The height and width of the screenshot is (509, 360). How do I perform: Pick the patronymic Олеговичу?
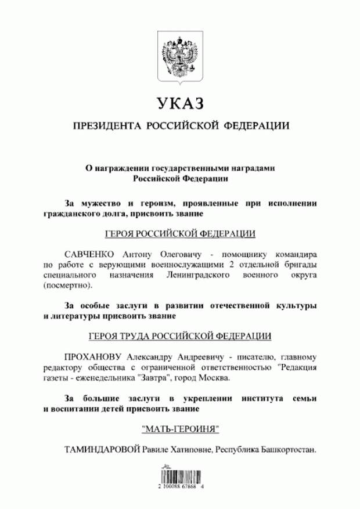[186, 255]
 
